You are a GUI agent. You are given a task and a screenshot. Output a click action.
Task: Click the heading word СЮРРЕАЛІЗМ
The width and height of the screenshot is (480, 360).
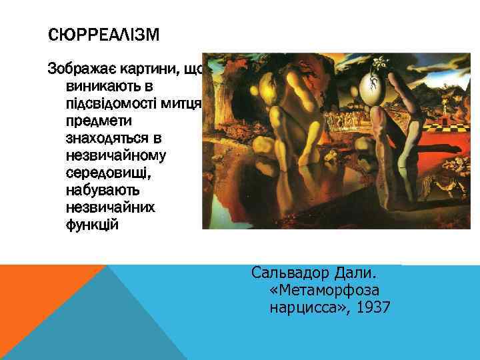pyautogui.click(x=105, y=33)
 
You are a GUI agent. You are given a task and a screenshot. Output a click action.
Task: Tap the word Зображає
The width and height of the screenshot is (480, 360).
pyautogui.click(x=75, y=69)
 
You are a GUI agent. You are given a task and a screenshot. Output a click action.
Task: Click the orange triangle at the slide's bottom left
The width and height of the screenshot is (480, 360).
pyautogui.click(x=33, y=293)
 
